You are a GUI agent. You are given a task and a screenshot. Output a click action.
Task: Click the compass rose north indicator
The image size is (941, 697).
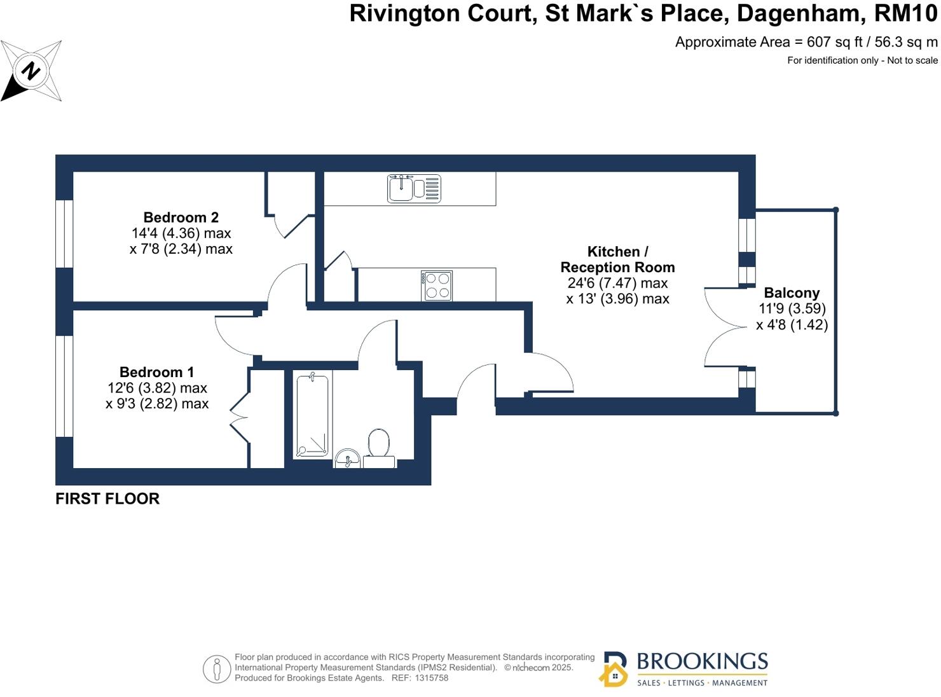31,71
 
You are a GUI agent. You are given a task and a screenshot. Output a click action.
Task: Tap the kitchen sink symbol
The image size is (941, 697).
414,188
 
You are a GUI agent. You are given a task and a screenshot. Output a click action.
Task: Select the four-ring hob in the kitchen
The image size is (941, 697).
437,286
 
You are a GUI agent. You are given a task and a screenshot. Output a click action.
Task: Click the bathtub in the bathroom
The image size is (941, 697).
312,415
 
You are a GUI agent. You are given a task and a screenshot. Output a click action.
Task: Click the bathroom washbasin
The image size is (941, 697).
347,458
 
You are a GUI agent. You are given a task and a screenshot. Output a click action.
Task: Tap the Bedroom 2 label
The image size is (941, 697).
181,217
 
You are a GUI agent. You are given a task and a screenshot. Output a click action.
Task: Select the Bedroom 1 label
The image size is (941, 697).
156,372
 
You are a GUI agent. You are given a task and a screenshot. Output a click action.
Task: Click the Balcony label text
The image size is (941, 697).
792,293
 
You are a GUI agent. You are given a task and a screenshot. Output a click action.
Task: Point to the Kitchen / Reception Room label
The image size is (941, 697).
617,259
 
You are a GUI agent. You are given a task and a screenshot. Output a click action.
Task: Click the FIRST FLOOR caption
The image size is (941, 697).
107,499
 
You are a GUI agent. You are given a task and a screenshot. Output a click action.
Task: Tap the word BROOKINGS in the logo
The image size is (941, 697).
702,661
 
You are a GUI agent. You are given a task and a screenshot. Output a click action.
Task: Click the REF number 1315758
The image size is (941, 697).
431,678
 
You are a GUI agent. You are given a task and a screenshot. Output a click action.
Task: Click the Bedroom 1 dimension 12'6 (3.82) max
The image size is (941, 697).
157,388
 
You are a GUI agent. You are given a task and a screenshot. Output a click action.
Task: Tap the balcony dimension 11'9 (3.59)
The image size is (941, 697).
792,309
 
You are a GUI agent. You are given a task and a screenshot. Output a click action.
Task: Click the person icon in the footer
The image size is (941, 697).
217,669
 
